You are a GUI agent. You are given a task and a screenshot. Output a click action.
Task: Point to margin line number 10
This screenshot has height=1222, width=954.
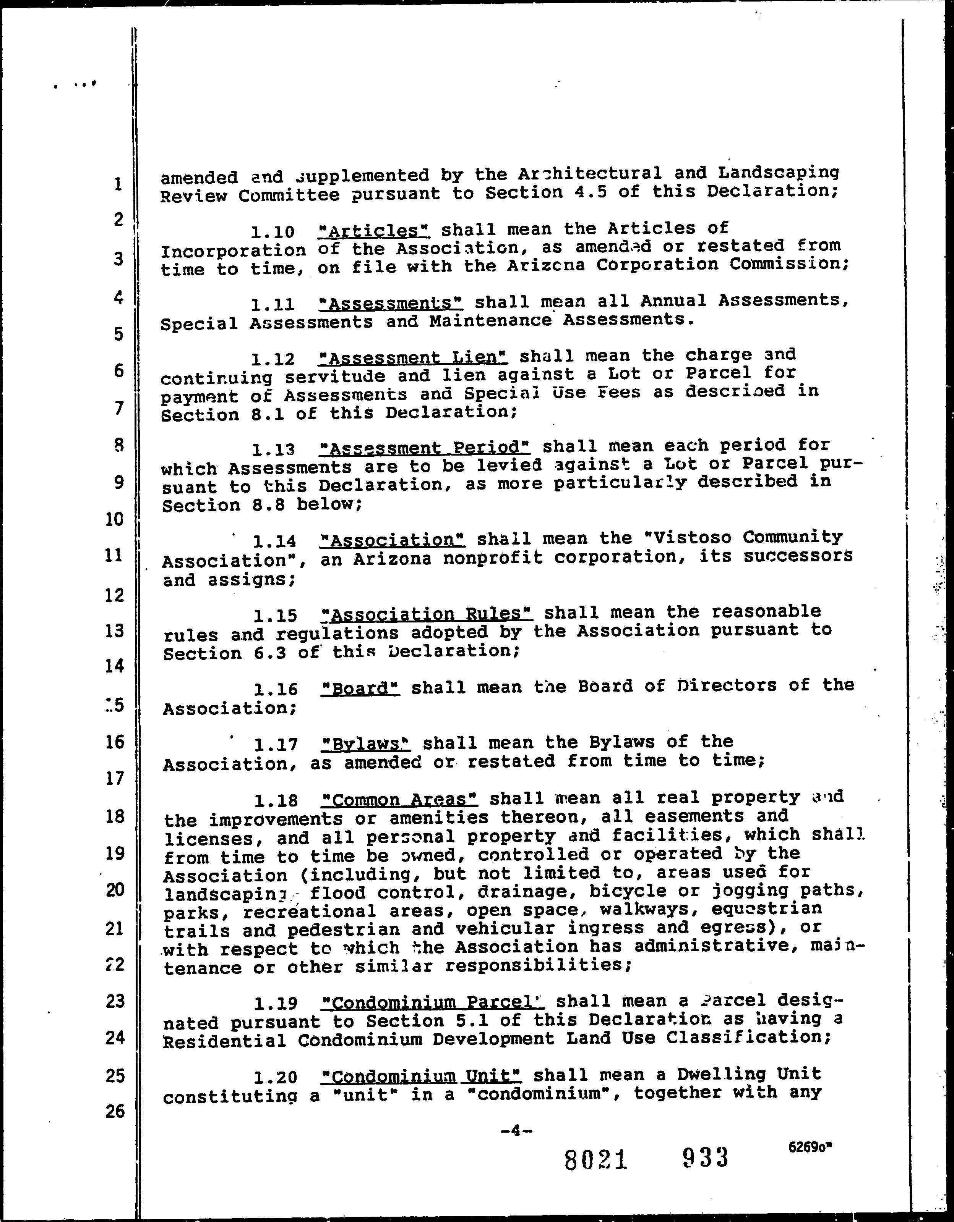click(114, 519)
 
